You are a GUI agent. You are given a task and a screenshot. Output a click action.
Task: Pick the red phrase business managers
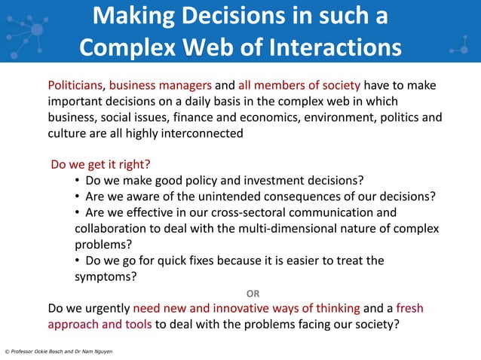tap(161, 85)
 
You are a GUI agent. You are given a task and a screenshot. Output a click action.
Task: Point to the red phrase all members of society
tap(299, 85)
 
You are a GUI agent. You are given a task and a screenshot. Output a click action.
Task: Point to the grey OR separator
tap(254, 293)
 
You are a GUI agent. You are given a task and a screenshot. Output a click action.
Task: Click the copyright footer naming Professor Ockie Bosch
tap(59, 352)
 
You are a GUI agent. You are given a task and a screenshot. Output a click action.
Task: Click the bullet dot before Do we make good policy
tap(78, 181)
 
